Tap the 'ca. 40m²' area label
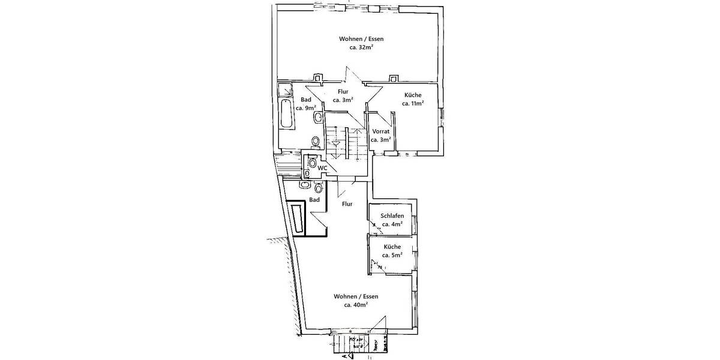point(356,305)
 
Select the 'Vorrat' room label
point(381,131)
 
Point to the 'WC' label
point(322,168)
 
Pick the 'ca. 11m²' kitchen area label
point(413,103)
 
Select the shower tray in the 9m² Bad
point(283,91)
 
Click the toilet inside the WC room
point(312,163)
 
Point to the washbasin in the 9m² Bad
point(317,117)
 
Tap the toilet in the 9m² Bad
point(316,141)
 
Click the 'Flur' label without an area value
point(346,204)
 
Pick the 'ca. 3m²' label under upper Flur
point(343,100)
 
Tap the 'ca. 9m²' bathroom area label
point(306,108)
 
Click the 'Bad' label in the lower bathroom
point(314,200)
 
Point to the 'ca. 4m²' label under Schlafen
point(392,224)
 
